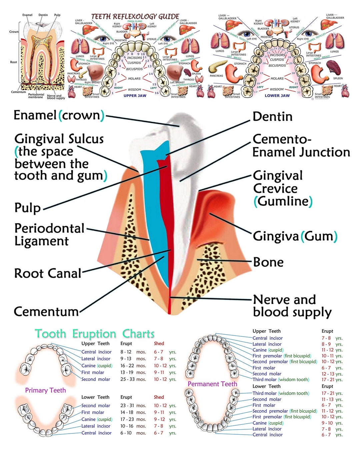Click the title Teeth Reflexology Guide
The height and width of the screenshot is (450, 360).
[x=135, y=16]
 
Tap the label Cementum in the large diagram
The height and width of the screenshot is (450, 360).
[x=46, y=312]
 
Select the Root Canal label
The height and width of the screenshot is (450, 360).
[x=48, y=273]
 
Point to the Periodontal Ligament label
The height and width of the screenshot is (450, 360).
[x=49, y=235]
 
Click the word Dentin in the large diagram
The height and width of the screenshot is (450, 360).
[x=272, y=117]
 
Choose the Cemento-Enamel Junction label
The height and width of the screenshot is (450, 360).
[x=301, y=146]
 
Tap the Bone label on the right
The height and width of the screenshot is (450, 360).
[x=268, y=262]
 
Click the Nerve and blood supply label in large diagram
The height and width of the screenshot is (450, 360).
[x=292, y=306]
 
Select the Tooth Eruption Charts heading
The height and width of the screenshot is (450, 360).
[x=95, y=334]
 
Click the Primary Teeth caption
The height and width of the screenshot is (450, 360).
[x=45, y=390]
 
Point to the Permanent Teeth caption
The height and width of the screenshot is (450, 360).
[x=212, y=384]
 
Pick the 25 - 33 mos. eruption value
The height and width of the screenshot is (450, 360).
[x=133, y=379]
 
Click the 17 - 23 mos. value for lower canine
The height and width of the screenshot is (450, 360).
[x=133, y=419]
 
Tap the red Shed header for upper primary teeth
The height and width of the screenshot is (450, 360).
[x=159, y=343]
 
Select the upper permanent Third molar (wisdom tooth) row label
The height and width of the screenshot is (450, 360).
[x=281, y=379]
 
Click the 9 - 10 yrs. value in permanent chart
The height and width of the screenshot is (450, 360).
[x=332, y=423]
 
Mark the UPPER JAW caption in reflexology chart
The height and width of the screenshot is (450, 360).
[x=135, y=96]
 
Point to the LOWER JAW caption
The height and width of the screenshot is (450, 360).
[x=277, y=96]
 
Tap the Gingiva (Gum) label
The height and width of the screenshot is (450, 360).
[x=295, y=236]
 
